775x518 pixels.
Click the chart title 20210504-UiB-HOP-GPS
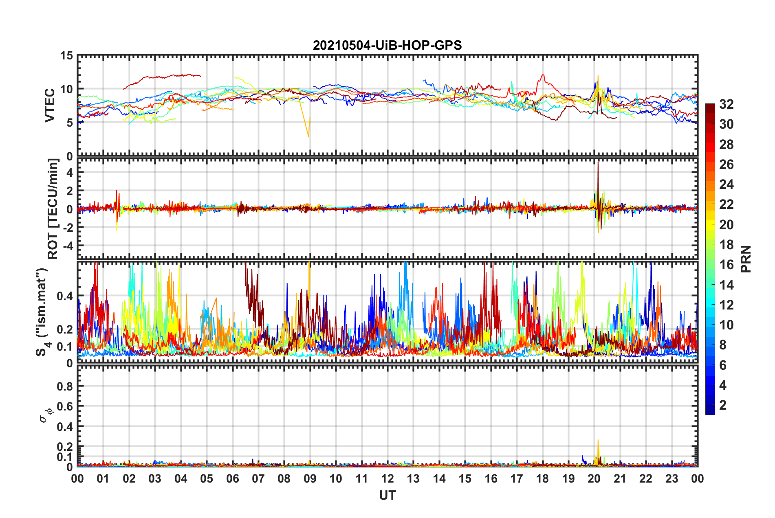tap(387, 45)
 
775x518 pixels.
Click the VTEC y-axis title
tap(50, 105)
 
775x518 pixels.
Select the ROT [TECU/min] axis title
tap(53, 209)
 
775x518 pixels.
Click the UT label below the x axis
tap(387, 495)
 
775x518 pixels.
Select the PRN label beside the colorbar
tap(746, 259)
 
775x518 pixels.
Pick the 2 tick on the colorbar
tap(723, 405)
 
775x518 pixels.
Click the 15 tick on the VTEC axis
tap(66, 55)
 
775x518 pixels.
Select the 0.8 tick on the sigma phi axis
tap(65, 386)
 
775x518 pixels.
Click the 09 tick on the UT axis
tap(310, 478)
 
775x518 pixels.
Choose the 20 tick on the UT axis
tap(594, 478)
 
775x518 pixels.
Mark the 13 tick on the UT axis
tap(413, 478)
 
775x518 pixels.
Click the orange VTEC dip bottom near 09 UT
tap(308, 136)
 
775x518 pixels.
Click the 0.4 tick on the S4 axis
tap(65, 296)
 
